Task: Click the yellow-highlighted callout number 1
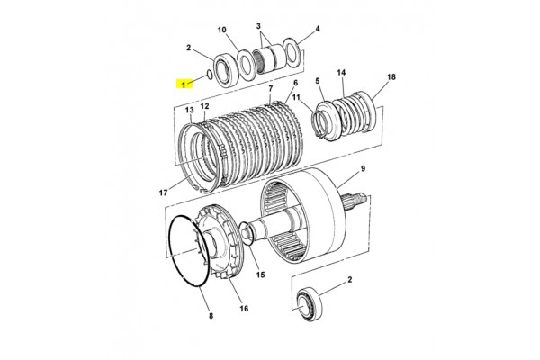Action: click(x=184, y=84)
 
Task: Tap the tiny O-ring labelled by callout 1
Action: click(x=210, y=75)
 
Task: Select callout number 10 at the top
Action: click(x=222, y=30)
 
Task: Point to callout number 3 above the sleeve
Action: click(x=258, y=26)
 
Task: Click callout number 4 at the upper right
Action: click(x=318, y=29)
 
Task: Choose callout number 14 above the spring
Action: click(x=341, y=73)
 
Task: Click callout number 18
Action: click(x=391, y=76)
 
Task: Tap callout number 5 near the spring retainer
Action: click(x=318, y=81)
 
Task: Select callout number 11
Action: click(x=296, y=97)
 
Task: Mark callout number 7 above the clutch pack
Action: click(x=270, y=88)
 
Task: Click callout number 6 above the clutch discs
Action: click(x=295, y=83)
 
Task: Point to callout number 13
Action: click(x=189, y=110)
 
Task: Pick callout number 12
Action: click(x=204, y=106)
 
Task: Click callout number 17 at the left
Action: click(x=163, y=193)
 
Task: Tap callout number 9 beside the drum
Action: click(x=363, y=169)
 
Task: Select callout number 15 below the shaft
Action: click(x=261, y=274)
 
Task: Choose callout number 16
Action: click(x=244, y=309)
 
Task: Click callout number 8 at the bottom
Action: click(x=211, y=316)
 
